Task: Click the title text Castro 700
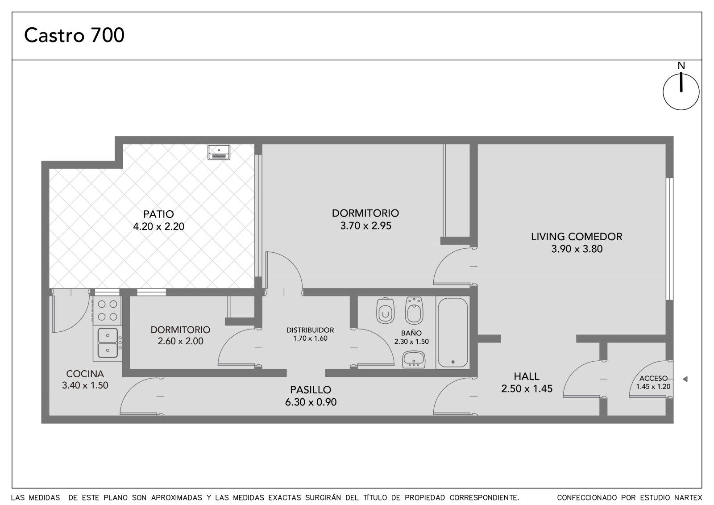pyautogui.click(x=74, y=35)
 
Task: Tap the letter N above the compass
pyautogui.click(x=681, y=66)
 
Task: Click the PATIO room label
pyautogui.click(x=158, y=214)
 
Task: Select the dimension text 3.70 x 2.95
pyautogui.click(x=365, y=225)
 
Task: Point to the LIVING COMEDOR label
pyautogui.click(x=577, y=236)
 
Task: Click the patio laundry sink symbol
pyautogui.click(x=219, y=152)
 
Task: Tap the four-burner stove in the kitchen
pyautogui.click(x=108, y=310)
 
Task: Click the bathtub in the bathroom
pyautogui.click(x=452, y=332)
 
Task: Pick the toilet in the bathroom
pyautogui.click(x=386, y=310)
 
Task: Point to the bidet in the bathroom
pyautogui.click(x=414, y=310)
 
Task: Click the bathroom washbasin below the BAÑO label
pyautogui.click(x=414, y=359)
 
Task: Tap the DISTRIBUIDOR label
pyautogui.click(x=310, y=330)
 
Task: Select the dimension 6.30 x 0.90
pyautogui.click(x=311, y=402)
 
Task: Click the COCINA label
pyautogui.click(x=85, y=374)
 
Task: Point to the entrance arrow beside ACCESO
pyautogui.click(x=685, y=380)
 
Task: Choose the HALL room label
pyautogui.click(x=527, y=376)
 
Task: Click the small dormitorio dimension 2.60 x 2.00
pyautogui.click(x=180, y=341)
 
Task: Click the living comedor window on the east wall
pyautogui.click(x=670, y=238)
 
